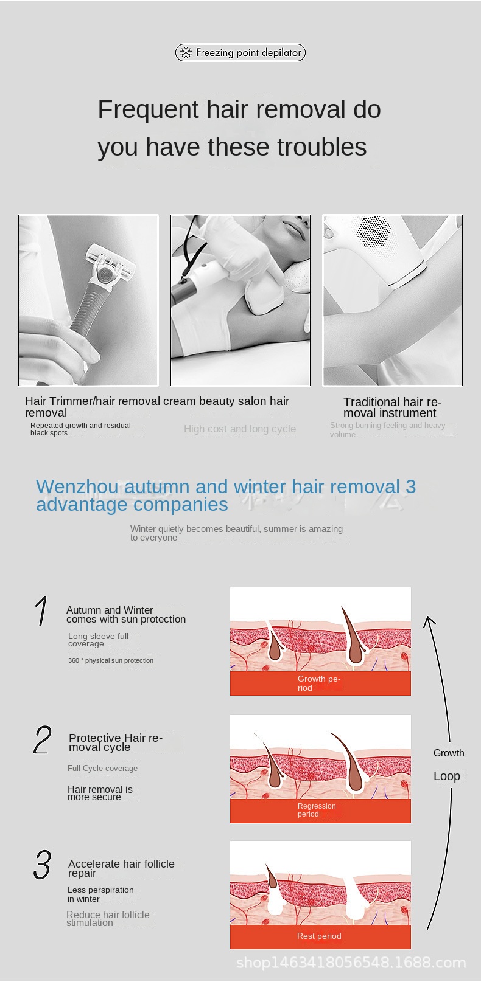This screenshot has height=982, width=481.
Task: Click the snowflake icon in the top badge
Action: (186, 53)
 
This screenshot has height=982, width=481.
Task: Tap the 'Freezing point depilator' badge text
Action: (248, 53)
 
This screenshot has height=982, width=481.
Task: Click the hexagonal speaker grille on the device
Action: (374, 231)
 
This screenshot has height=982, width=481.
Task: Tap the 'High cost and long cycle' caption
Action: (240, 429)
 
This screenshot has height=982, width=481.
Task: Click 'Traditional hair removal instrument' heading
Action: (392, 407)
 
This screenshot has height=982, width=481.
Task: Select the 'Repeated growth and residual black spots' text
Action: (80, 429)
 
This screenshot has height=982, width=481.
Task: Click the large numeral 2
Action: (43, 739)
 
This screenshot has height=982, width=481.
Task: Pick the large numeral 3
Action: (42, 865)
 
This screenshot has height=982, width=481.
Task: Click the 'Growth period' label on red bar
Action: (318, 683)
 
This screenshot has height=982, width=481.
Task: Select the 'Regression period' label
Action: (317, 810)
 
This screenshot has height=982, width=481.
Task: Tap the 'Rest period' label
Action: (319, 936)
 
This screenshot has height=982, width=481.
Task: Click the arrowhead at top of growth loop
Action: (429, 620)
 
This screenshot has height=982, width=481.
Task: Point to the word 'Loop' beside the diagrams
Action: (447, 776)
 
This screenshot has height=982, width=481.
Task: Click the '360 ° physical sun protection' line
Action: (111, 660)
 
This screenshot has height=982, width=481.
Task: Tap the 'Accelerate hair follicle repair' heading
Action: (121, 868)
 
